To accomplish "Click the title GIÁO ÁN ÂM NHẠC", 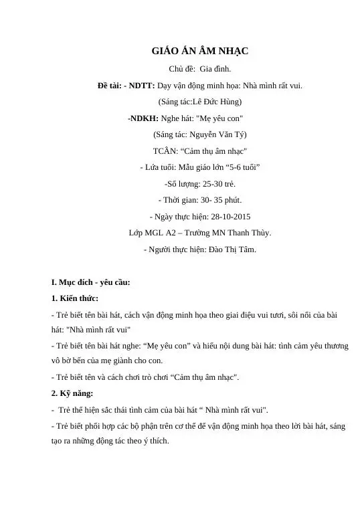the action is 200,52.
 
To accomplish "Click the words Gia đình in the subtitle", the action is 213,69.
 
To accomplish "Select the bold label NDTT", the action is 142,86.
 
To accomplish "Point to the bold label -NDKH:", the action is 143,118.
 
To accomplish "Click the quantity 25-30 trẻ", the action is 207,183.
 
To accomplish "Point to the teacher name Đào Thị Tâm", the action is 231,249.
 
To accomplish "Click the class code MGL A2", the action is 159,233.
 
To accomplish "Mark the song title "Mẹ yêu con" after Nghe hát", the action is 218,118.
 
